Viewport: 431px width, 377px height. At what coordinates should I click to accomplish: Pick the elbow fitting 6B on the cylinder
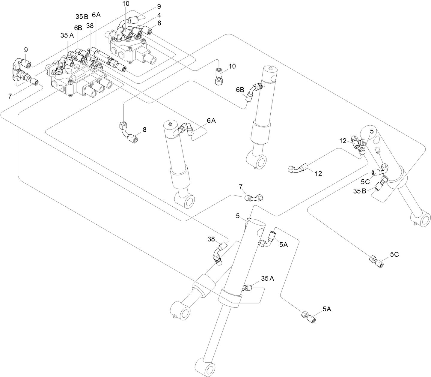tap(253, 91)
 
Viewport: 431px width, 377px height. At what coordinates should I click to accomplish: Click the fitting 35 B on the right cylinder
tap(379, 184)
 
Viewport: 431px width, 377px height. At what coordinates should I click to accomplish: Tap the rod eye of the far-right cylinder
tap(421, 220)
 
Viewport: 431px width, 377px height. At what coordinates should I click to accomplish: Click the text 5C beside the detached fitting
tap(394, 254)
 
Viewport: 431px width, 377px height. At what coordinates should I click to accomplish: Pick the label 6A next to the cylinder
tap(211, 120)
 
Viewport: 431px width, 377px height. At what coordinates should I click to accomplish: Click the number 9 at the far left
tap(26, 49)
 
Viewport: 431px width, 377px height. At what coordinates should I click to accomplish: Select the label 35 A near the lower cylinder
tap(267, 279)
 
